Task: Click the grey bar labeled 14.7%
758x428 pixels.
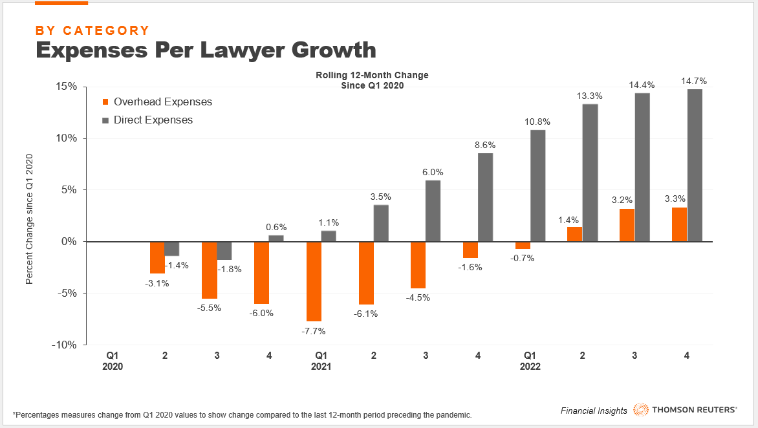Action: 695,166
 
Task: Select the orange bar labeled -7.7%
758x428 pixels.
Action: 314,281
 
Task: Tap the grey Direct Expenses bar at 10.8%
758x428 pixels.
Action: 537,186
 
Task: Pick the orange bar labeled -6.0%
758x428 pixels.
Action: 261,272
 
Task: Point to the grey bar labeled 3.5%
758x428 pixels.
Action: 381,223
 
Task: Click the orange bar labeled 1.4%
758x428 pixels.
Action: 574,235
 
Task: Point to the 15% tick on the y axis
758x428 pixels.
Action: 65,87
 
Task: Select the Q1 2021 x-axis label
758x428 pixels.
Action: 321,361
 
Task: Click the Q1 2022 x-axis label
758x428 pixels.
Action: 530,361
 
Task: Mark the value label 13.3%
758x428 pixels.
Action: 590,96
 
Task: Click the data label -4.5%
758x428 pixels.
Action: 418,298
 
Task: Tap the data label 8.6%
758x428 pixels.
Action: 485,145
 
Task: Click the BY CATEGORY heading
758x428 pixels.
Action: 92,30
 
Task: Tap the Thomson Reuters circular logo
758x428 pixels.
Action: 641,410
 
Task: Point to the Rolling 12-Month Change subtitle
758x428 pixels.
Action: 372,76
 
